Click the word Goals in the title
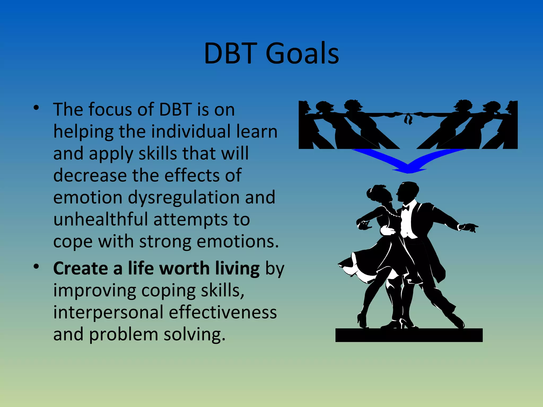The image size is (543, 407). pos(302,54)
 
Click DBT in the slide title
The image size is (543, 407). pos(230,54)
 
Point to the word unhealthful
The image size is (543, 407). pos(100,219)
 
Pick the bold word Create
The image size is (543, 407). pos(81,268)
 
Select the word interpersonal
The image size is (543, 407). pos(108,312)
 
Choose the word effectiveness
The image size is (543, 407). pos(223,312)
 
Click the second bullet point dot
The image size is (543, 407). pos(36,267)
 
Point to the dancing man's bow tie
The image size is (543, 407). pos(405,208)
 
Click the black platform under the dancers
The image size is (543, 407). pos(409,335)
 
